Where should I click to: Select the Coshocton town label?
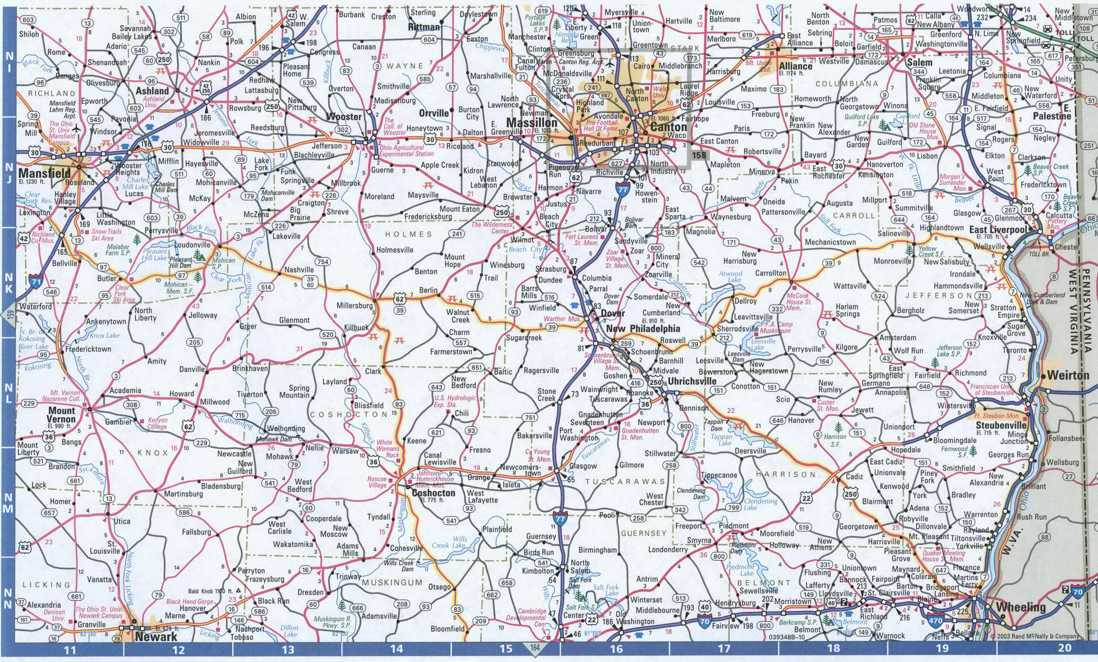pyautogui.click(x=434, y=493)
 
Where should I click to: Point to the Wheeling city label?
pyautogui.click(x=1020, y=607)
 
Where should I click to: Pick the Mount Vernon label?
pyautogui.click(x=61, y=415)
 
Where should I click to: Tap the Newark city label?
pyautogui.click(x=156, y=637)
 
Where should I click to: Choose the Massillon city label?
pyautogui.click(x=531, y=124)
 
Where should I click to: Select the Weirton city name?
pyautogui.click(x=1068, y=375)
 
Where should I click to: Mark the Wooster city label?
pyautogui.click(x=344, y=117)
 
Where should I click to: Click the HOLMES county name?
pyautogui.click(x=408, y=234)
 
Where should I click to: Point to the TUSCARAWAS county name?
pyautogui.click(x=624, y=482)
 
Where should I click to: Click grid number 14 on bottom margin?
pyautogui.click(x=396, y=649)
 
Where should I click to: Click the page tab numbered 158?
pyautogui.click(x=699, y=155)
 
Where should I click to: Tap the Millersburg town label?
pyautogui.click(x=355, y=306)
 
